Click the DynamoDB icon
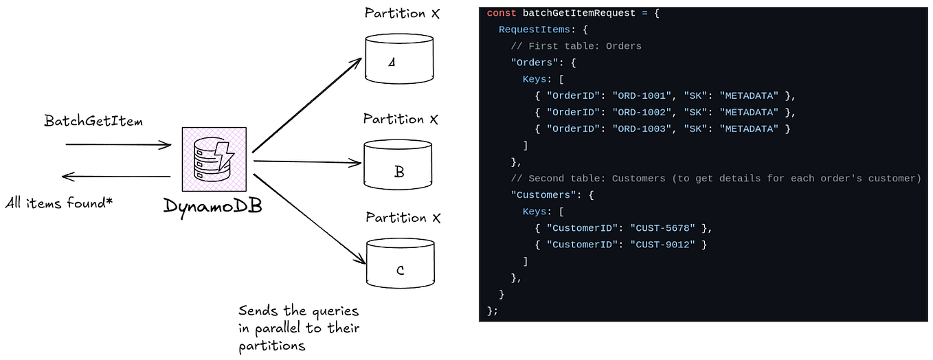[214, 159]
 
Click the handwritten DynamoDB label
[213, 206]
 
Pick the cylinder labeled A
[399, 55]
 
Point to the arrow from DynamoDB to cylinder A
[306, 104]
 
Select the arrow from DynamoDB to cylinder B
[307, 161]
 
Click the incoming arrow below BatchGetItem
[117, 144]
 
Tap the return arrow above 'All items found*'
[116, 177]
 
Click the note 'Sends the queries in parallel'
[299, 328]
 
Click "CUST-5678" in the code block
[660, 227]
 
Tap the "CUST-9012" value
[660, 244]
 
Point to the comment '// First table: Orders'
[576, 46]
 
